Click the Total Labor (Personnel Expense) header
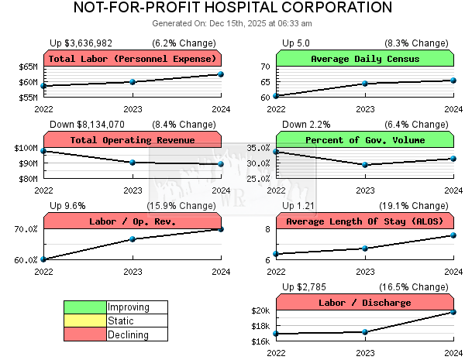pos(133,59)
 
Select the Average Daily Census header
pos(364,59)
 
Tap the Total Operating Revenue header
pos(133,140)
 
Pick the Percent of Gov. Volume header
pos(364,140)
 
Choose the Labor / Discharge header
pos(364,303)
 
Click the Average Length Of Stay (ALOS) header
pos(364,222)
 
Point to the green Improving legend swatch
pos(85,307)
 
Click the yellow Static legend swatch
pos(85,321)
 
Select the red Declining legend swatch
pos(85,334)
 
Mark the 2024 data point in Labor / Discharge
pos(453,312)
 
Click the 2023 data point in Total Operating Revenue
pos(133,163)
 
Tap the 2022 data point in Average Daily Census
pos(277,96)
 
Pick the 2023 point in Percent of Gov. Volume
pos(365,165)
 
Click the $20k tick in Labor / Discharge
pos(260,311)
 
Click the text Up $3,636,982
pos(81,43)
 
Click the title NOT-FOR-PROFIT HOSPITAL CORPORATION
pos(232,9)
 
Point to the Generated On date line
pos(232,23)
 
